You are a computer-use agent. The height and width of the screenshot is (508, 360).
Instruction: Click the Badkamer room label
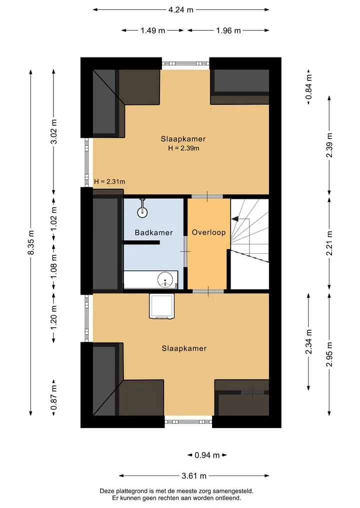coord(153,233)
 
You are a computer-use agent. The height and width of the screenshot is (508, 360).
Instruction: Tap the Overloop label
coord(208,232)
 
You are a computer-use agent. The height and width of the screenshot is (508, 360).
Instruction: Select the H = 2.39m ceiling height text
coord(183,148)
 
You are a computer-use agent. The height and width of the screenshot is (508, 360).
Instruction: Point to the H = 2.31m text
coord(109,181)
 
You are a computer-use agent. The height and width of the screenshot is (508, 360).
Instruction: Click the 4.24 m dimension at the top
coord(180,9)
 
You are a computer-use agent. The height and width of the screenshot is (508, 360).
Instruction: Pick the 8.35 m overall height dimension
coord(31,243)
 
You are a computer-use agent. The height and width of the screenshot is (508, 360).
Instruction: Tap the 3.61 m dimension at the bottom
coord(194,476)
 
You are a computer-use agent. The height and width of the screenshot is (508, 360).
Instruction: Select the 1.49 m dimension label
coord(153,30)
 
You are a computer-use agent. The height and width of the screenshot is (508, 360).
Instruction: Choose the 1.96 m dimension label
coord(228,30)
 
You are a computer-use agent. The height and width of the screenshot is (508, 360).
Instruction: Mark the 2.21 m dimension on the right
coord(329,243)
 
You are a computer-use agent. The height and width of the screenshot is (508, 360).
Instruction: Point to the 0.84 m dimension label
coord(309,87)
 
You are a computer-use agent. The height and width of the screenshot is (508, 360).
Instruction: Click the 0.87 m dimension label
coord(54,397)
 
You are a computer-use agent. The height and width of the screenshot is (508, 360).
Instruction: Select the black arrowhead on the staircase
coord(234,219)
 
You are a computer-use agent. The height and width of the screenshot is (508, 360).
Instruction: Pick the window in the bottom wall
coord(188,422)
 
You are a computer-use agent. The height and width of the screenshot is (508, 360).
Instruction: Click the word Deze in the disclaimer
coord(107,492)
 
